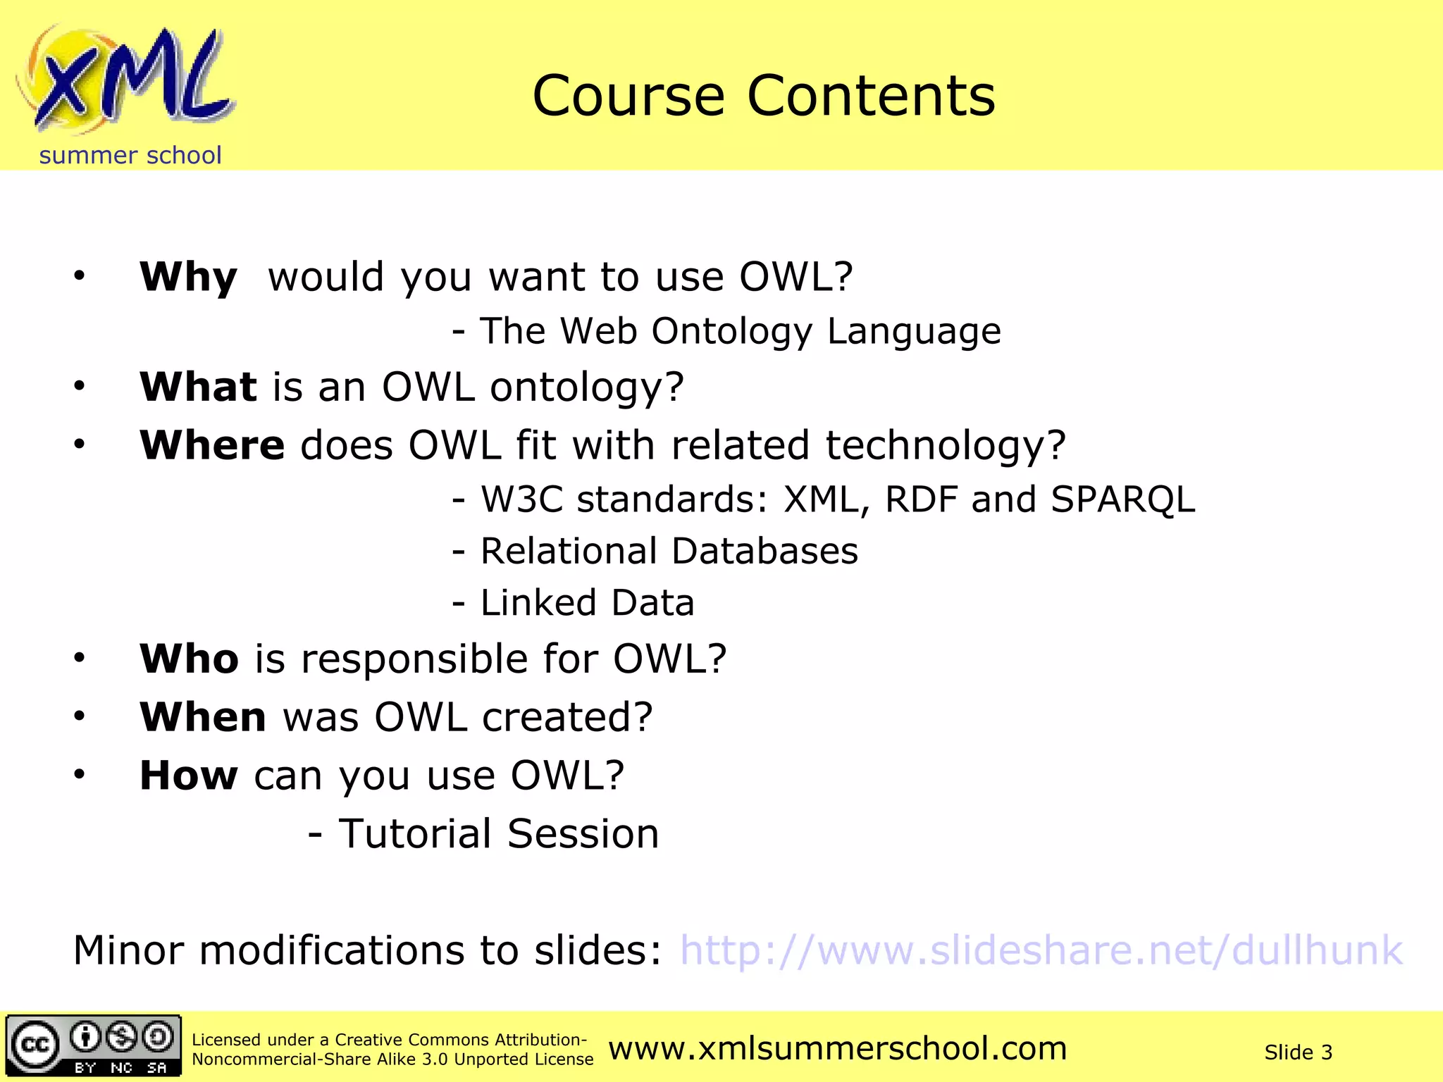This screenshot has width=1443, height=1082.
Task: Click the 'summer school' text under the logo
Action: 130,155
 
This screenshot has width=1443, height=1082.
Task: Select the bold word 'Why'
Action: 188,277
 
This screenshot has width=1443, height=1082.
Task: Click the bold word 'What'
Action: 198,387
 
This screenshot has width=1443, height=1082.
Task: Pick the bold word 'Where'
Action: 212,445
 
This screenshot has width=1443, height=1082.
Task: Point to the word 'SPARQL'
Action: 1122,499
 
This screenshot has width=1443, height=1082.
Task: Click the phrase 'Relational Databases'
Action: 669,551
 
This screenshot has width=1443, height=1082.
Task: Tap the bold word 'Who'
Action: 189,659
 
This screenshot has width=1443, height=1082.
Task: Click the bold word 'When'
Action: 203,717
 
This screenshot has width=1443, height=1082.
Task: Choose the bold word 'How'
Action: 188,776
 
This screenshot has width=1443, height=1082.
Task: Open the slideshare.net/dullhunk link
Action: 1041,950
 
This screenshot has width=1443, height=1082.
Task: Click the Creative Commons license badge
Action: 94,1045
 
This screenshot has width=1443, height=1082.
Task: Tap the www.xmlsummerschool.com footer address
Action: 837,1048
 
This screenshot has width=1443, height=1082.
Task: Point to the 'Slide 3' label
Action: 1298,1052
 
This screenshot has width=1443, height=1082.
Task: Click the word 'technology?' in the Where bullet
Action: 946,447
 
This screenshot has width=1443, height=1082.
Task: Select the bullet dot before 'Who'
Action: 80,658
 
